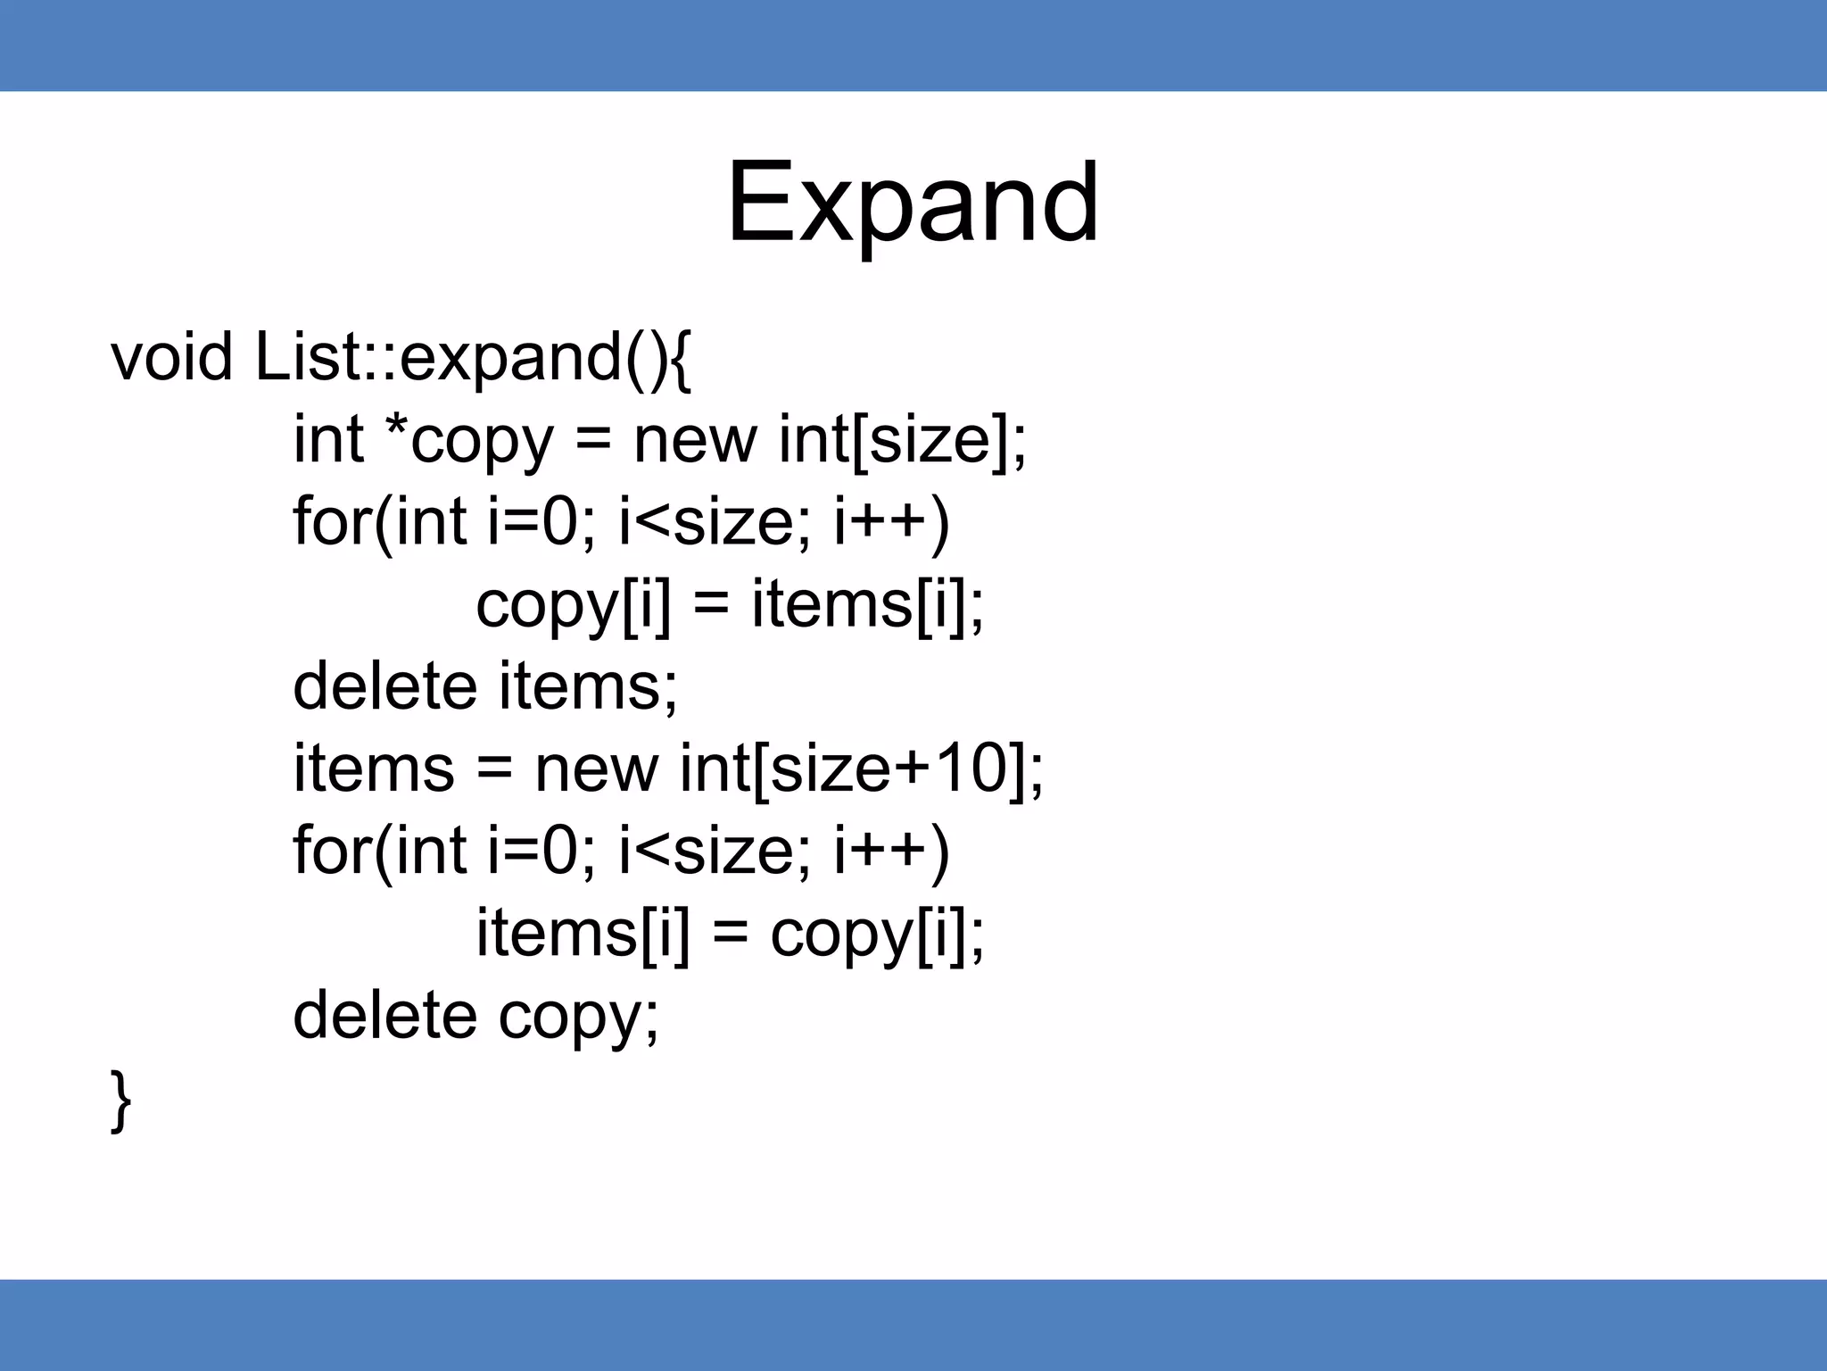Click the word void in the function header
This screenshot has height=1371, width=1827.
[x=171, y=357]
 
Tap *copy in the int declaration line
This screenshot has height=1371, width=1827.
[x=468, y=441]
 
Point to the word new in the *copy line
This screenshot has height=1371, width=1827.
[x=695, y=441]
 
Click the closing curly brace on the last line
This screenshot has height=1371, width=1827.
[x=120, y=1101]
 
